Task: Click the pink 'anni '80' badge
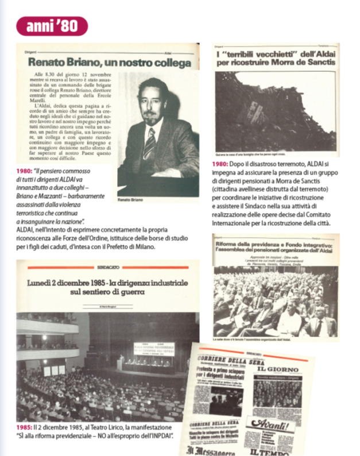coord(52,25)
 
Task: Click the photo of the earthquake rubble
coord(270,111)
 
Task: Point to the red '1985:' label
coord(26,429)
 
